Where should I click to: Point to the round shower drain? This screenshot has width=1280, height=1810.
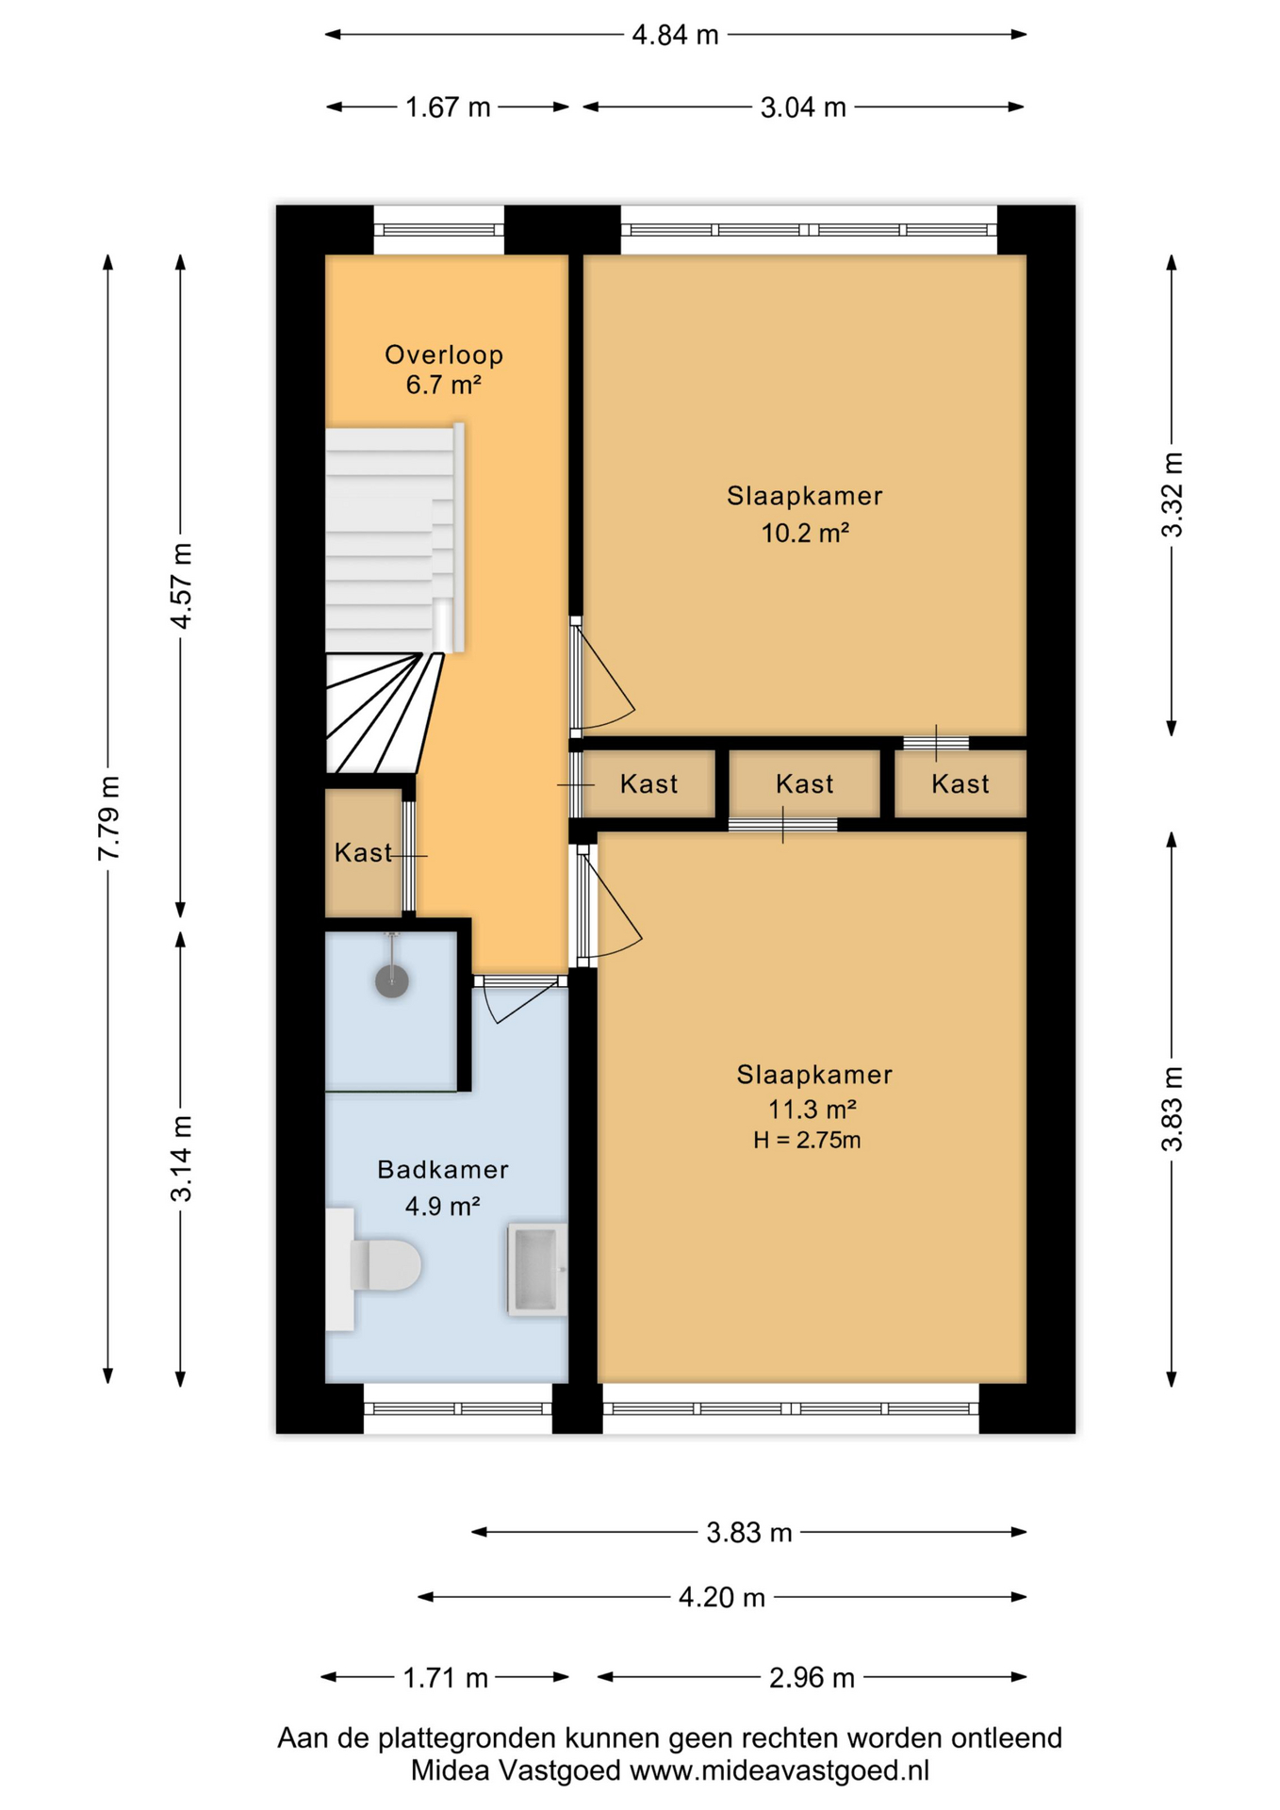392,981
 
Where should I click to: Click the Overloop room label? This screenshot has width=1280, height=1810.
444,355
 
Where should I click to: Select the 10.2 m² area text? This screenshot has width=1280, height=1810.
805,534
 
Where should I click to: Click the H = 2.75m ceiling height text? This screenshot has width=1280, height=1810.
807,1141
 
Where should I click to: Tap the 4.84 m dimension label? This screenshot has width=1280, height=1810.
675,36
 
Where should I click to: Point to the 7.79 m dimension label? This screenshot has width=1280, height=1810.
109,818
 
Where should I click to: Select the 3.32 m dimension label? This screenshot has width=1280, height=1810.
1172,495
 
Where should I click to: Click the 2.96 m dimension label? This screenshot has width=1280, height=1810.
812,1678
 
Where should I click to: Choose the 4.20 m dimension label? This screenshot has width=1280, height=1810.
722,1598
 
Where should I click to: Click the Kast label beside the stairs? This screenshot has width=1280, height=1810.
363,853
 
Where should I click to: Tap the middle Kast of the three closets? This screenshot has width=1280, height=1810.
804,784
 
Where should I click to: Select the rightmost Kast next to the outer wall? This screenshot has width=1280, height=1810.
960,784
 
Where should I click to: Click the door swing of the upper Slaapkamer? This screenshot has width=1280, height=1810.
603,683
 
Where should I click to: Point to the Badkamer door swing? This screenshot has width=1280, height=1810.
518,1002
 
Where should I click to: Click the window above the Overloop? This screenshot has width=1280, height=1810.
439,230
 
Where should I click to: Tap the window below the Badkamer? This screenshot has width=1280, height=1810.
457,1408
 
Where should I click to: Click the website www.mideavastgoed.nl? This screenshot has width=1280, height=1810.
779,1770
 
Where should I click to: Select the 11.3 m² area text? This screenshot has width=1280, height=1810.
812,1110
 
